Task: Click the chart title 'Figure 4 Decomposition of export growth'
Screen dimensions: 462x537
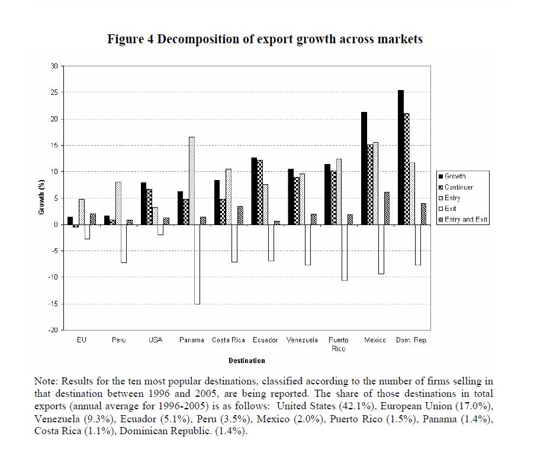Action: pyautogui.click(x=265, y=40)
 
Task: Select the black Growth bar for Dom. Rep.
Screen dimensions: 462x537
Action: pyautogui.click(x=401, y=158)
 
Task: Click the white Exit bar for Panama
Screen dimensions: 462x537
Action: pyautogui.click(x=197, y=264)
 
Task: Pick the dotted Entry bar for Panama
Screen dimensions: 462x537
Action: pyautogui.click(x=191, y=181)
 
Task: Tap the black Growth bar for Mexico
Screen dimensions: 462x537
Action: pyautogui.click(x=364, y=168)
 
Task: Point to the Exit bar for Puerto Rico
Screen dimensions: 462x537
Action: pyautogui.click(x=345, y=252)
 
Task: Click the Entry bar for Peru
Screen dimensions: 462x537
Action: pyautogui.click(x=118, y=203)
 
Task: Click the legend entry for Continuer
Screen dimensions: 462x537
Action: pyautogui.click(x=458, y=187)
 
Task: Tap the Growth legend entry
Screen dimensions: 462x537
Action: pyautogui.click(x=455, y=177)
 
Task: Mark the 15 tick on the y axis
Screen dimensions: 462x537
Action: pyautogui.click(x=54, y=145)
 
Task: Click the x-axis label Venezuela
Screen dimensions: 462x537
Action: pyautogui.click(x=302, y=340)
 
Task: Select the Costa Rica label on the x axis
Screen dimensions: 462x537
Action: pyautogui.click(x=229, y=340)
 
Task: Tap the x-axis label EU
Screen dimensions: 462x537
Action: pyautogui.click(x=82, y=340)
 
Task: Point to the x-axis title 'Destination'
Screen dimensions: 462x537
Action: pyautogui.click(x=247, y=360)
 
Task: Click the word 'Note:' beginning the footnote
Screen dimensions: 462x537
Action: pyautogui.click(x=47, y=381)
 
